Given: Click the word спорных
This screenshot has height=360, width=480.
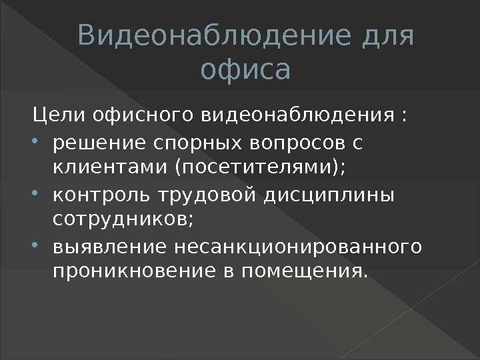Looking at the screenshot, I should [191, 141].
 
